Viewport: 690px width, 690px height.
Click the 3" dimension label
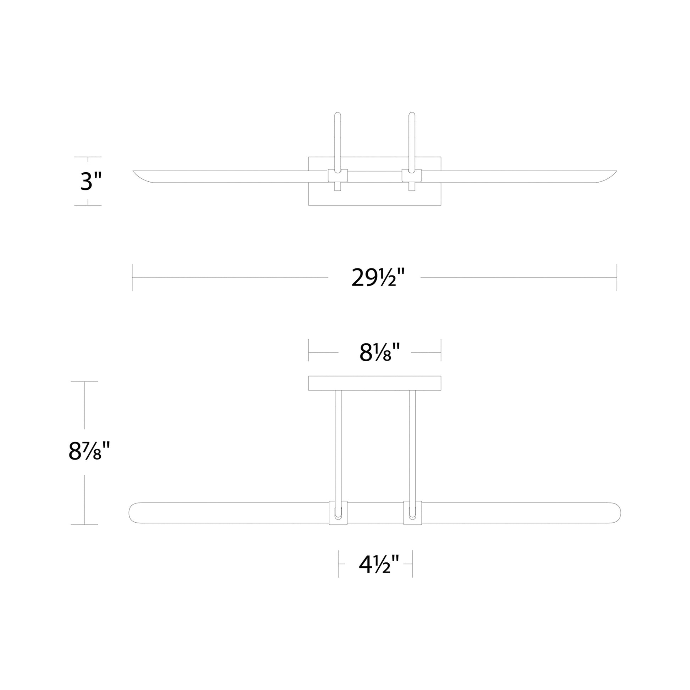tap(91, 181)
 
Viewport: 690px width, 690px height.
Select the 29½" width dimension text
tap(378, 278)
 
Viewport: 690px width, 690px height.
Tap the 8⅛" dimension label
tap(379, 352)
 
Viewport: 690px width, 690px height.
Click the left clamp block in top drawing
tap(338, 176)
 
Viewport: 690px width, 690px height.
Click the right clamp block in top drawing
tap(411, 176)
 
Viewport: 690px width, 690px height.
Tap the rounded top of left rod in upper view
tap(338, 115)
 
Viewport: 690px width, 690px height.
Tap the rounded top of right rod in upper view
tap(411, 115)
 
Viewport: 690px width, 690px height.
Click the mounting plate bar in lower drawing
tap(375, 383)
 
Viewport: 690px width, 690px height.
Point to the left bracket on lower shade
tap(338, 513)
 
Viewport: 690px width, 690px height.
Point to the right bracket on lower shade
tap(412, 513)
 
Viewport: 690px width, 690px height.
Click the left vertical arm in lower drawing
tap(338, 446)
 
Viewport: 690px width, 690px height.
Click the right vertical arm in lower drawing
tap(412, 446)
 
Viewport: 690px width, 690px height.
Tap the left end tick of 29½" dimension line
tap(133, 278)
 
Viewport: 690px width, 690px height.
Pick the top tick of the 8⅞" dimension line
tap(84, 382)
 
